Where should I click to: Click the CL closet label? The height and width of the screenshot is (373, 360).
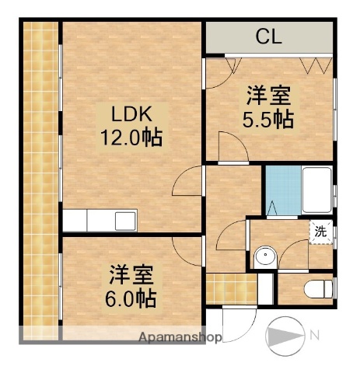[x=268, y=36]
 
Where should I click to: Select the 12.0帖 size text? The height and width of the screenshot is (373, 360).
[x=130, y=140]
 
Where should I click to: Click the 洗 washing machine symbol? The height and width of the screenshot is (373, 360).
[x=320, y=231]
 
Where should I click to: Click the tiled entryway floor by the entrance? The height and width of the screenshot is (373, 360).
[x=219, y=290]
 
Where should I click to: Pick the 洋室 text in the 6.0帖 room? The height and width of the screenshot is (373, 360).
[x=131, y=274]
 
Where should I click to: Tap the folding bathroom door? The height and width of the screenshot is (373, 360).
[x=273, y=208]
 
